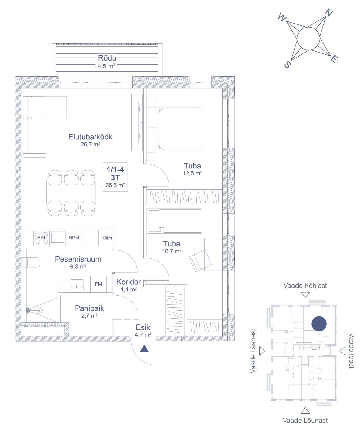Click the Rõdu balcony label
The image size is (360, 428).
click(x=107, y=58)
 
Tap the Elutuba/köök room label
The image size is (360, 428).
click(x=90, y=137)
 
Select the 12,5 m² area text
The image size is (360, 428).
click(x=192, y=173)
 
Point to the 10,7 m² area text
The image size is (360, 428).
click(x=172, y=251)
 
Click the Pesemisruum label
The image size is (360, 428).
click(x=78, y=259)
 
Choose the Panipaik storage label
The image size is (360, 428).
click(x=89, y=308)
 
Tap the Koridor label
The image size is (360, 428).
click(x=128, y=282)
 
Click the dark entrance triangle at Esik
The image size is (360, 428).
click(x=144, y=349)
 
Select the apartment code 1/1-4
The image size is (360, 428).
click(x=115, y=169)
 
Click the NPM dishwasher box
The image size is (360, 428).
click(x=74, y=238)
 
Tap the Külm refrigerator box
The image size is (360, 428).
click(x=106, y=238)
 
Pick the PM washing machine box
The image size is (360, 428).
click(x=98, y=284)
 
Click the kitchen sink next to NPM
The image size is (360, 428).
click(x=58, y=238)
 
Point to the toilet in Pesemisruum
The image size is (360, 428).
click(x=31, y=263)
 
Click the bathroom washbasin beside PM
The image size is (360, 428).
click(x=77, y=284)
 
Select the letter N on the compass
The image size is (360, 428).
click(x=328, y=13)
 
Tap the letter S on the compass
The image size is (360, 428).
click(x=288, y=65)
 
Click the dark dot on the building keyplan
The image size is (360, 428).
click(x=319, y=323)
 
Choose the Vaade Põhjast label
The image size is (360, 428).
click(x=305, y=286)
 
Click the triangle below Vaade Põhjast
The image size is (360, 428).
click(x=305, y=295)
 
